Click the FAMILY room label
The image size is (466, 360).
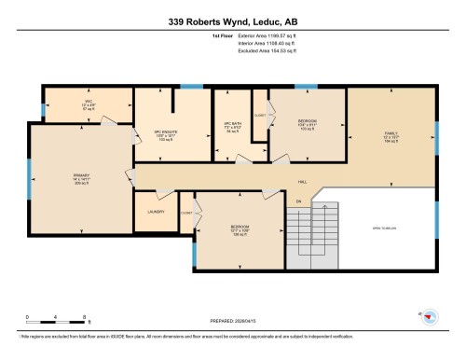tap(390, 134)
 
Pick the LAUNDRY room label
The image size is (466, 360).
tap(155, 212)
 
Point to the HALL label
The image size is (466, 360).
tap(302, 182)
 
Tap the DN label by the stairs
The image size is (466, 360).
tap(299, 201)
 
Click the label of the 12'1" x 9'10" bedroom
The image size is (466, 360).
tap(240, 228)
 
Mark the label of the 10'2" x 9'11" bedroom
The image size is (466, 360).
tap(307, 123)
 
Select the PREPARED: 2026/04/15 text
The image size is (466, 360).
tap(232, 325)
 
